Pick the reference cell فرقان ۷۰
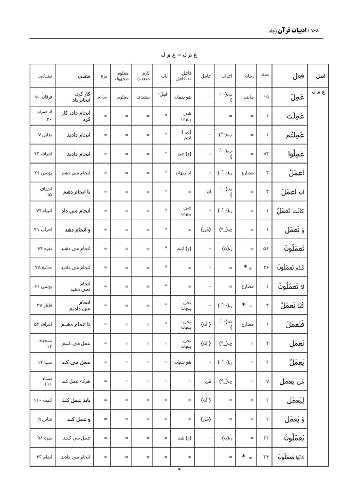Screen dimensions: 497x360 point(43,97)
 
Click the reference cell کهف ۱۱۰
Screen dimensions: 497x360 point(43,400)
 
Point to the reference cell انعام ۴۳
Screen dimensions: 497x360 point(43,457)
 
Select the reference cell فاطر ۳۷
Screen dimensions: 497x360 point(43,305)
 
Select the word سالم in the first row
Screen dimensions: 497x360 point(102,97)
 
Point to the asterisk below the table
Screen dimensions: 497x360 point(179,470)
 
